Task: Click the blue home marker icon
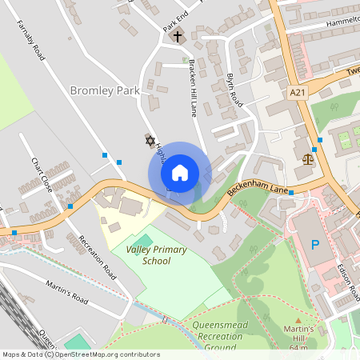pos(180,173)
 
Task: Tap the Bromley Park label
pos(105,91)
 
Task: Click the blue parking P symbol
pos(314,244)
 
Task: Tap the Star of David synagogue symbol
pos(148,140)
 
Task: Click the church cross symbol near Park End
pos(178,36)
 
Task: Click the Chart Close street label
pos(42,175)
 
